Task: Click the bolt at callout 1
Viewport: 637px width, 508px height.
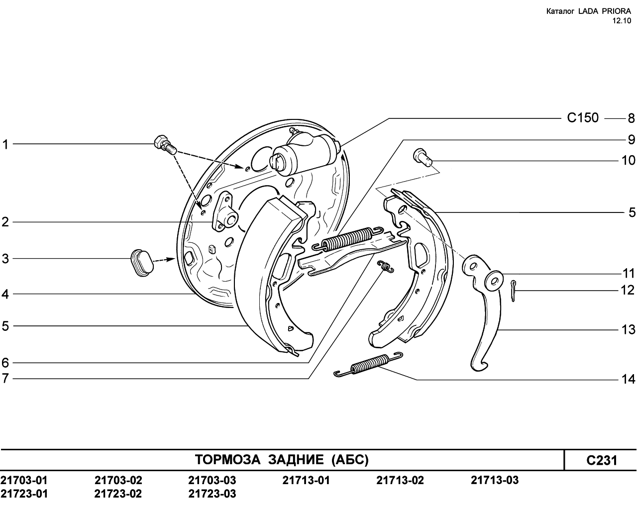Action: pyautogui.click(x=165, y=145)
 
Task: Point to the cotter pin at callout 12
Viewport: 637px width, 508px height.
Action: pyautogui.click(x=514, y=291)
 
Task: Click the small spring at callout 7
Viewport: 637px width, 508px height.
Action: pyautogui.click(x=385, y=266)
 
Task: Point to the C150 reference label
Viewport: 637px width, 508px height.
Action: pyautogui.click(x=583, y=118)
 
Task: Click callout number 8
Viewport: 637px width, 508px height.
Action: pyautogui.click(x=631, y=118)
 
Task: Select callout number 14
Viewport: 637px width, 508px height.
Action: pyautogui.click(x=629, y=379)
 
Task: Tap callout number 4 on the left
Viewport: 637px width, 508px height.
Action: pyautogui.click(x=5, y=294)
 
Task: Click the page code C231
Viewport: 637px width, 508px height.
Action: pyautogui.click(x=602, y=460)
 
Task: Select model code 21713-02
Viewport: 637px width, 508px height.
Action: pyautogui.click(x=400, y=480)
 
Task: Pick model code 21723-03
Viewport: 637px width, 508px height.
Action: pyautogui.click(x=212, y=494)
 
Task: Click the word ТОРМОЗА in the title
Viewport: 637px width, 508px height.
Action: pyautogui.click(x=227, y=460)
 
